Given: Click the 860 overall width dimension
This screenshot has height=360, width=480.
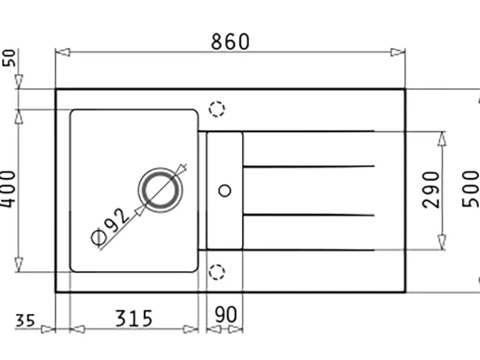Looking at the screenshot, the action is pos(230,42).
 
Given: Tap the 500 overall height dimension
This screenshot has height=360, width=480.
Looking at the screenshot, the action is pos(471,189).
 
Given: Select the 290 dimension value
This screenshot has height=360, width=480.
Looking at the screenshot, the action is pos(431,190).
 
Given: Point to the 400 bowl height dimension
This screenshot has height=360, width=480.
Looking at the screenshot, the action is pos(7,189).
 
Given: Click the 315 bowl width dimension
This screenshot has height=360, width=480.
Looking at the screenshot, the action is pos(134,318).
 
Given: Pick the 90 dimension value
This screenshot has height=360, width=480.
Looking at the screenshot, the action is pos(226,315).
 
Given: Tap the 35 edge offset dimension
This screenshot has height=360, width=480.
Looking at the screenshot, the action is pos(25,321).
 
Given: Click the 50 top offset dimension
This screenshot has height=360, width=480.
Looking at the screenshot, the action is pos(9,58).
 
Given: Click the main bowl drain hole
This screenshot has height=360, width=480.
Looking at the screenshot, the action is pos(160,190).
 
